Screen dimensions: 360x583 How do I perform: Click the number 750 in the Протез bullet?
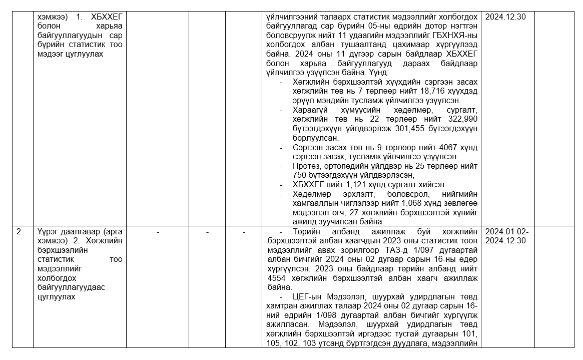pos(301,175)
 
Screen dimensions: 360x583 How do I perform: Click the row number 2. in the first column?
pos(20,232)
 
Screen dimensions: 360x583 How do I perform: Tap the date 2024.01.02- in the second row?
pos(506,232)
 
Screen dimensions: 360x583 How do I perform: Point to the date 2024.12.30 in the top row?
pos(505,17)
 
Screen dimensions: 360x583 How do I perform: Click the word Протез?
pos(306,166)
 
